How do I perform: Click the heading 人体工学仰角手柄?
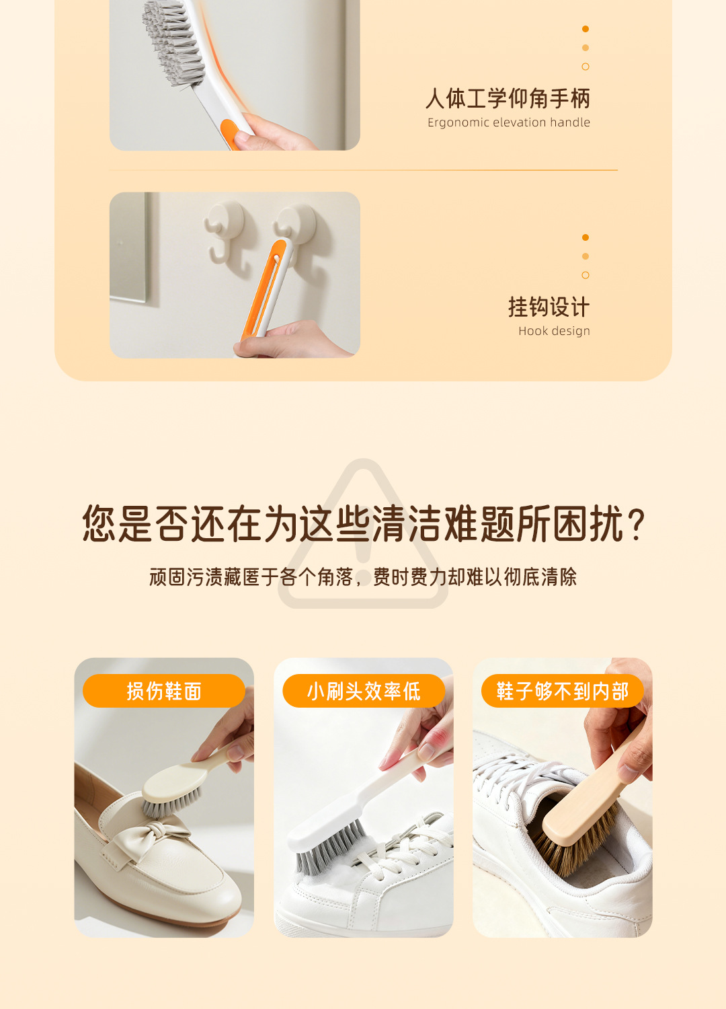point(508,98)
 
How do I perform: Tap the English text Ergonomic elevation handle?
point(509,122)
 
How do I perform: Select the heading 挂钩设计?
point(549,307)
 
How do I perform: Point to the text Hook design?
point(554,331)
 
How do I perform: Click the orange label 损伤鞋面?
point(164,691)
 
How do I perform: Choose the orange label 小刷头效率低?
point(364,691)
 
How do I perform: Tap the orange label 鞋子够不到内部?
point(563,691)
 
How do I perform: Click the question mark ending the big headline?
point(636,525)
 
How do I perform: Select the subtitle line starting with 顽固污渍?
point(363,577)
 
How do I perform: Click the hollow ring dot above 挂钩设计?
point(585,275)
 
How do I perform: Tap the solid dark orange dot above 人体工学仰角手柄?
point(585,29)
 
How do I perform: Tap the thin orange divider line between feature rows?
point(363,170)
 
